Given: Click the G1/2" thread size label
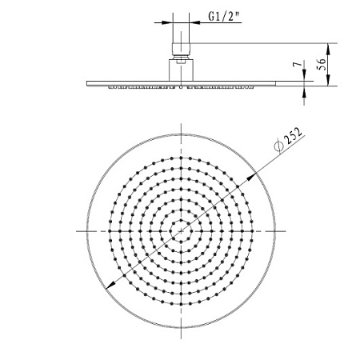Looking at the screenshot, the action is coord(224,17).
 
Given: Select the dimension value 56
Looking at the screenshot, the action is coord(322,64).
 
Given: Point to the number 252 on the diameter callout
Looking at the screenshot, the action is coord(293,135).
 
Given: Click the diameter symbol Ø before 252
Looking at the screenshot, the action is coord(278,146).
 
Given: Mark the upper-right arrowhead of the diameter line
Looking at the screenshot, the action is coord(250,178).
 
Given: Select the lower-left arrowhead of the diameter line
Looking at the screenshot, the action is coord(110,286).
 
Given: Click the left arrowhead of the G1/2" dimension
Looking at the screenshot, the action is coord(168,22).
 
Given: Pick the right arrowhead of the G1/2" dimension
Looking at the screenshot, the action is coord(194,22).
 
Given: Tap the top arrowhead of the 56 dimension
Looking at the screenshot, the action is coord(328,48).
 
